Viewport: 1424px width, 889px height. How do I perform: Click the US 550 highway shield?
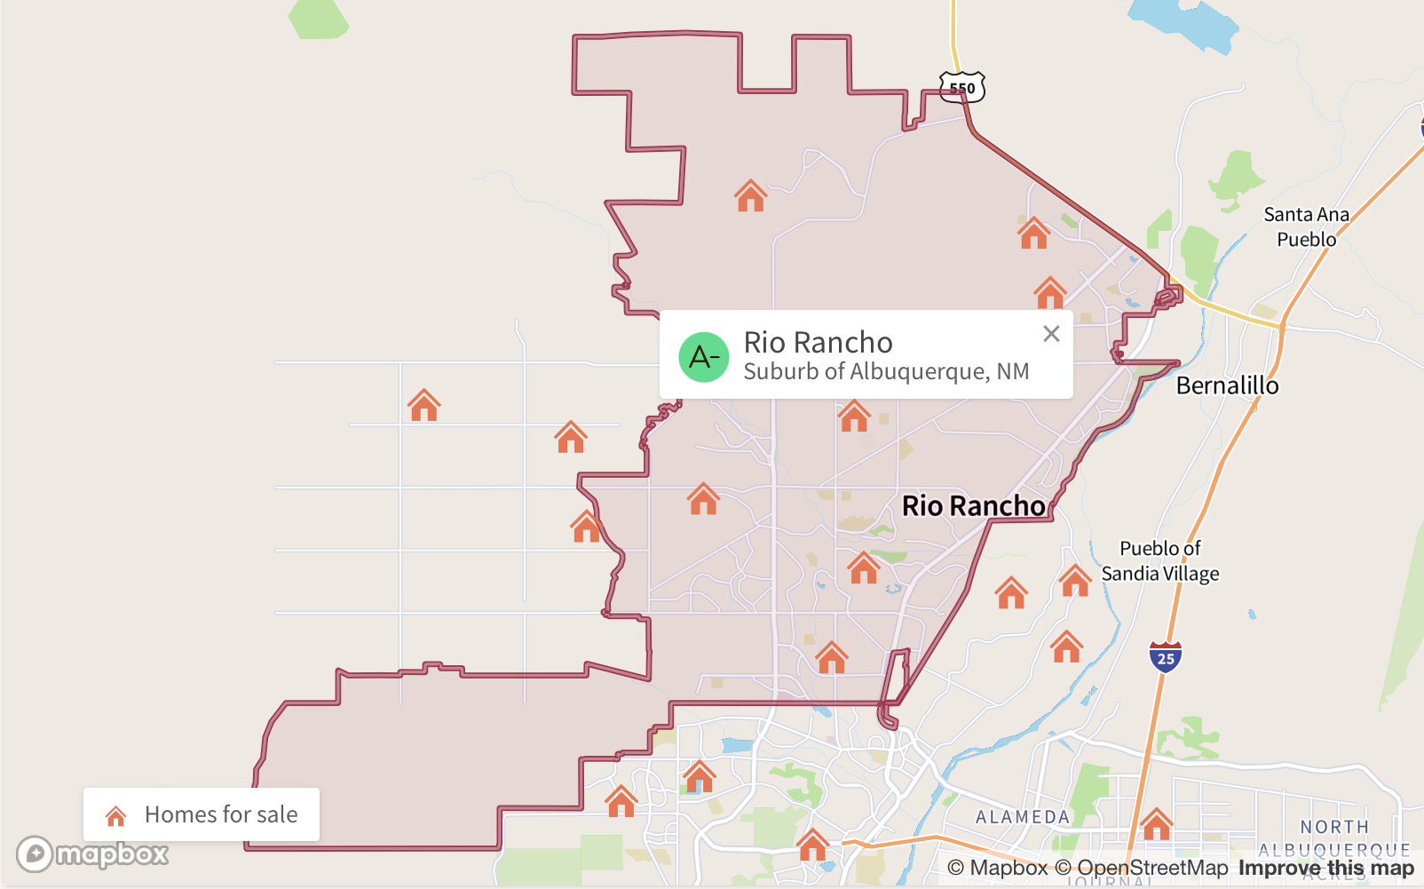(x=962, y=87)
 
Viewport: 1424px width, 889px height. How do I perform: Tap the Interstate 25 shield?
(x=1166, y=657)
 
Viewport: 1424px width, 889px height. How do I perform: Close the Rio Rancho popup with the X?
(x=1051, y=334)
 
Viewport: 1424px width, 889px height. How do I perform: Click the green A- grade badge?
(x=704, y=357)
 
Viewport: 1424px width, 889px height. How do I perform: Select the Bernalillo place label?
(x=1227, y=385)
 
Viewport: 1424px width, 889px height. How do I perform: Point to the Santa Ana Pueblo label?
(x=1306, y=226)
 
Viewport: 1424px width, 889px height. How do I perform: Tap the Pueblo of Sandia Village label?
(x=1160, y=561)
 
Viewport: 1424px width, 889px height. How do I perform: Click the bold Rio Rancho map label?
(x=973, y=505)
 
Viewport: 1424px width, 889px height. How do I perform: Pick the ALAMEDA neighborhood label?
(x=1023, y=817)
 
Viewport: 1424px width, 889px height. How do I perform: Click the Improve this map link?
(x=1325, y=868)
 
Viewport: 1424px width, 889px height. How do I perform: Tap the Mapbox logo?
(x=92, y=854)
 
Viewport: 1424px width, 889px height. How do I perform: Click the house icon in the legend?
(x=115, y=815)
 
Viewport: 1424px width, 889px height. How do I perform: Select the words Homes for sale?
(x=221, y=814)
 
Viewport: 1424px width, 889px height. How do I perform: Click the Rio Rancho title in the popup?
(x=818, y=342)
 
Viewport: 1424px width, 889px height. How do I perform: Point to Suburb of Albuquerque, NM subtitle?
(x=886, y=371)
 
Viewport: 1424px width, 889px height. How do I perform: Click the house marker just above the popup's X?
(x=1050, y=292)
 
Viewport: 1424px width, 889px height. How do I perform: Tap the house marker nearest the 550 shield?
(x=1033, y=234)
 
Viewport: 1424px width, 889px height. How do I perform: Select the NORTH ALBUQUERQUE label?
(x=1334, y=838)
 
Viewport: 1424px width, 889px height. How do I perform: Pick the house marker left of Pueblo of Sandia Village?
(x=1075, y=581)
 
